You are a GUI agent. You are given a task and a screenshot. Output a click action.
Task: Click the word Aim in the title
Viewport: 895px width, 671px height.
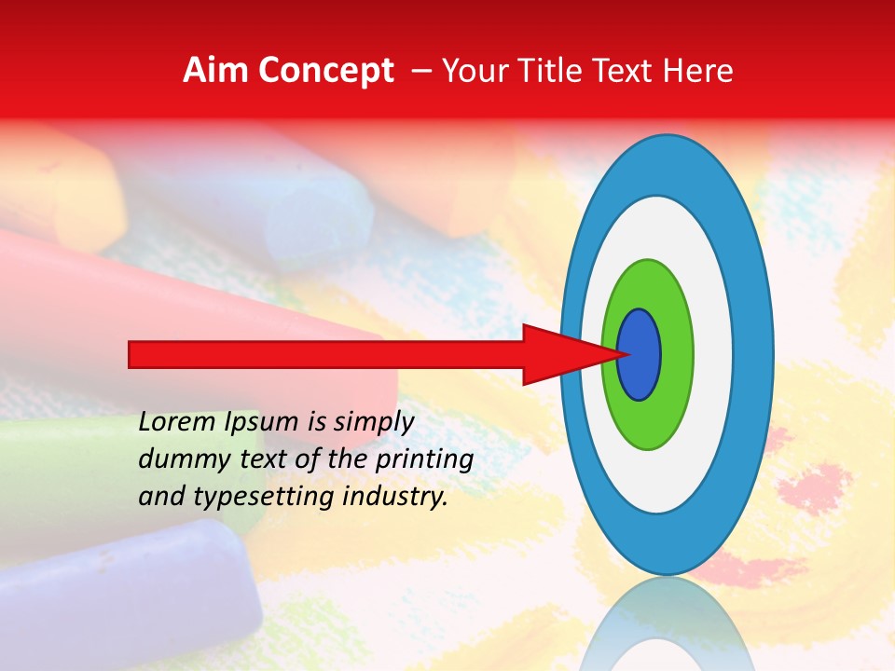215,71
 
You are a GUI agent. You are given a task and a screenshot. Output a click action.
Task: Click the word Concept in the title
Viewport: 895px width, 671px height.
324,71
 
